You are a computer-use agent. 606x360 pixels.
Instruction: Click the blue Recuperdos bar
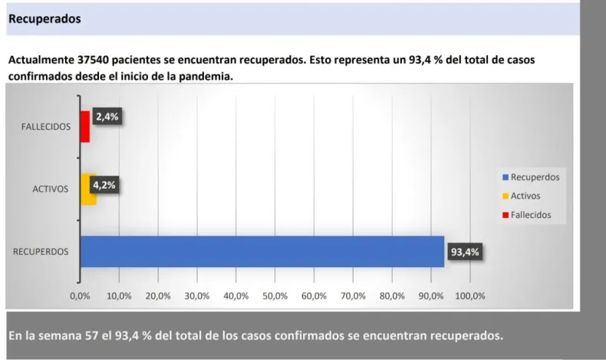[261, 251]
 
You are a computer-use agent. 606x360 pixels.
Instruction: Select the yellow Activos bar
[87, 188]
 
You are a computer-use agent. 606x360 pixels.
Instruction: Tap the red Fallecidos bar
[84, 126]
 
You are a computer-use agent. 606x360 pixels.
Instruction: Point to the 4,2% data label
[105, 184]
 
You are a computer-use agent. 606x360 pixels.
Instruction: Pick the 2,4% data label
[107, 117]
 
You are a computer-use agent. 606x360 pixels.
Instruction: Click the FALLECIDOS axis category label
[45, 127]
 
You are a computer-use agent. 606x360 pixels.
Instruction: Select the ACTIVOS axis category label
[50, 189]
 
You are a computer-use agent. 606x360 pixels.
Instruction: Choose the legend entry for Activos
[526, 196]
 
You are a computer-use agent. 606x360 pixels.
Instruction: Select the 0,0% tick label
[81, 295]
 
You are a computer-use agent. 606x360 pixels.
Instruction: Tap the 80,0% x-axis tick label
[391, 295]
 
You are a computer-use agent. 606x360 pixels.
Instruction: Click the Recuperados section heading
[44, 18]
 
